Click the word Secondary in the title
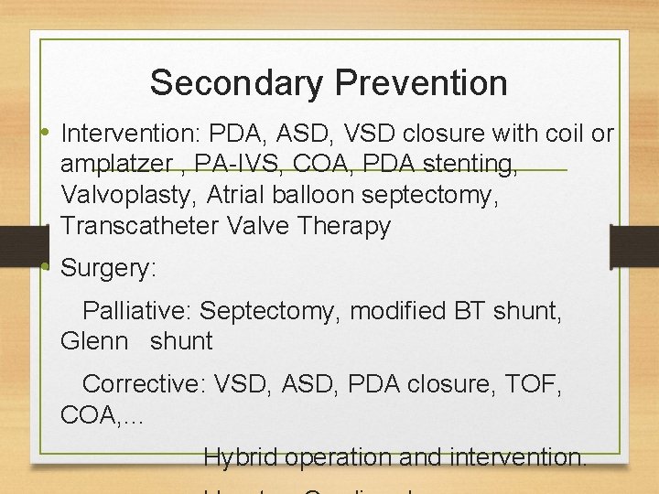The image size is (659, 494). coord(237,83)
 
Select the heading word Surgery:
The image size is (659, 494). coord(109,269)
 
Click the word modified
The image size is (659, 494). coord(398,311)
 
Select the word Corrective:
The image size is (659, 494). coord(144,384)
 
